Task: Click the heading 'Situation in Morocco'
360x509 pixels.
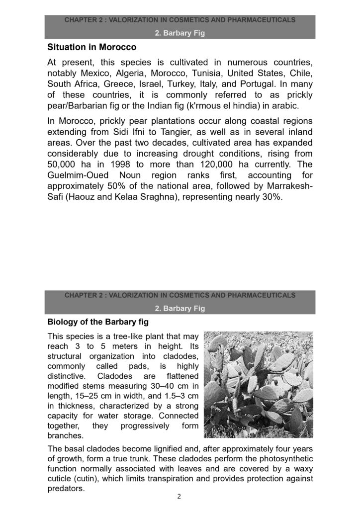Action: point(91,48)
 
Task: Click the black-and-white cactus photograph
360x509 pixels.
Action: point(259,384)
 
